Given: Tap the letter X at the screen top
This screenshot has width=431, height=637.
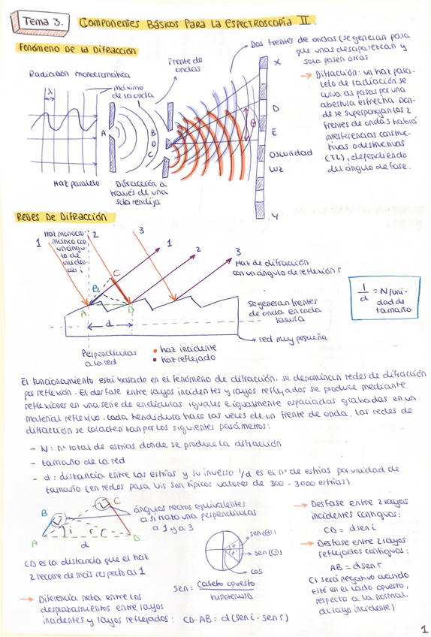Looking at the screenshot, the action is pyautogui.click(x=278, y=63).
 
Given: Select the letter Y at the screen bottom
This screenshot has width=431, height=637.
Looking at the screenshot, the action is pyautogui.click(x=275, y=217).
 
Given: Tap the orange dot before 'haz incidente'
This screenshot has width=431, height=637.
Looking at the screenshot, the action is pyautogui.click(x=154, y=349).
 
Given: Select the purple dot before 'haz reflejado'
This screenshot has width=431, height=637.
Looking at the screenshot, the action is pyautogui.click(x=154, y=359).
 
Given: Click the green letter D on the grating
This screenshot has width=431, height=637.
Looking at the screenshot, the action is pyautogui.click(x=131, y=309).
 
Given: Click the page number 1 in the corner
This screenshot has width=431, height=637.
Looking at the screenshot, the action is pyautogui.click(x=424, y=629).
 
